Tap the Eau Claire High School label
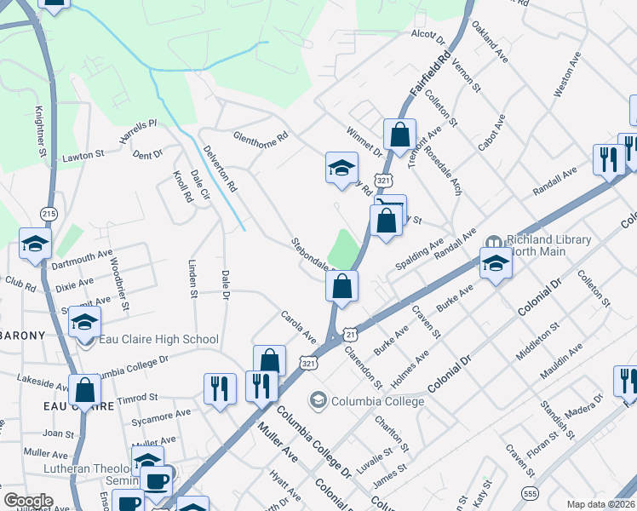[x=158, y=340]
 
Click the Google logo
[x=28, y=501]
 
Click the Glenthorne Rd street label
[x=261, y=136]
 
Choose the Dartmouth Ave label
[x=82, y=254]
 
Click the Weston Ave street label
[x=566, y=78]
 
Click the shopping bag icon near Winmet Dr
[x=399, y=134]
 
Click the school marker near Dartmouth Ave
[x=36, y=244]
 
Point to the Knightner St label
[x=40, y=131]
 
